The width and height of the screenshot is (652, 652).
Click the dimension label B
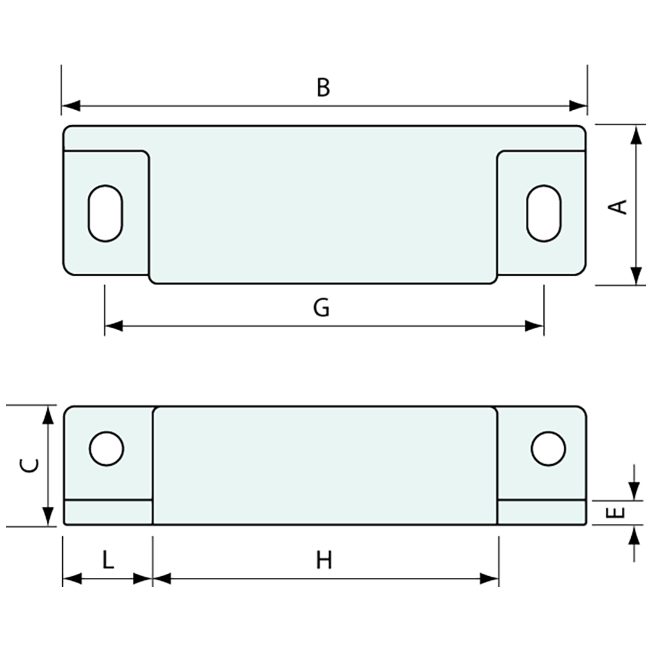pyautogui.click(x=323, y=87)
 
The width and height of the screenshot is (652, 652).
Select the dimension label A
pyautogui.click(x=618, y=206)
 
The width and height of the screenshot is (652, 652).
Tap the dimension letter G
pyautogui.click(x=321, y=308)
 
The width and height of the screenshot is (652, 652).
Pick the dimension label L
pyautogui.click(x=107, y=560)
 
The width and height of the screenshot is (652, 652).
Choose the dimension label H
pyautogui.click(x=324, y=560)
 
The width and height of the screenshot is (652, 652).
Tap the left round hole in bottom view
pyautogui.click(x=106, y=448)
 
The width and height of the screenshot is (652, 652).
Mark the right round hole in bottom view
pyautogui.click(x=548, y=448)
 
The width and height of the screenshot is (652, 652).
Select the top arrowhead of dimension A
pyautogui.click(x=635, y=135)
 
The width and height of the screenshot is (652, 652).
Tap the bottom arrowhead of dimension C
pyautogui.click(x=47, y=516)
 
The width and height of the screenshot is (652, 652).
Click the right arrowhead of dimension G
pyautogui.click(x=534, y=326)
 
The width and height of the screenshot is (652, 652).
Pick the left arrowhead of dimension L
pyautogui.click(x=72, y=579)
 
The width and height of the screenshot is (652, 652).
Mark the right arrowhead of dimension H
pyautogui.click(x=490, y=579)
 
